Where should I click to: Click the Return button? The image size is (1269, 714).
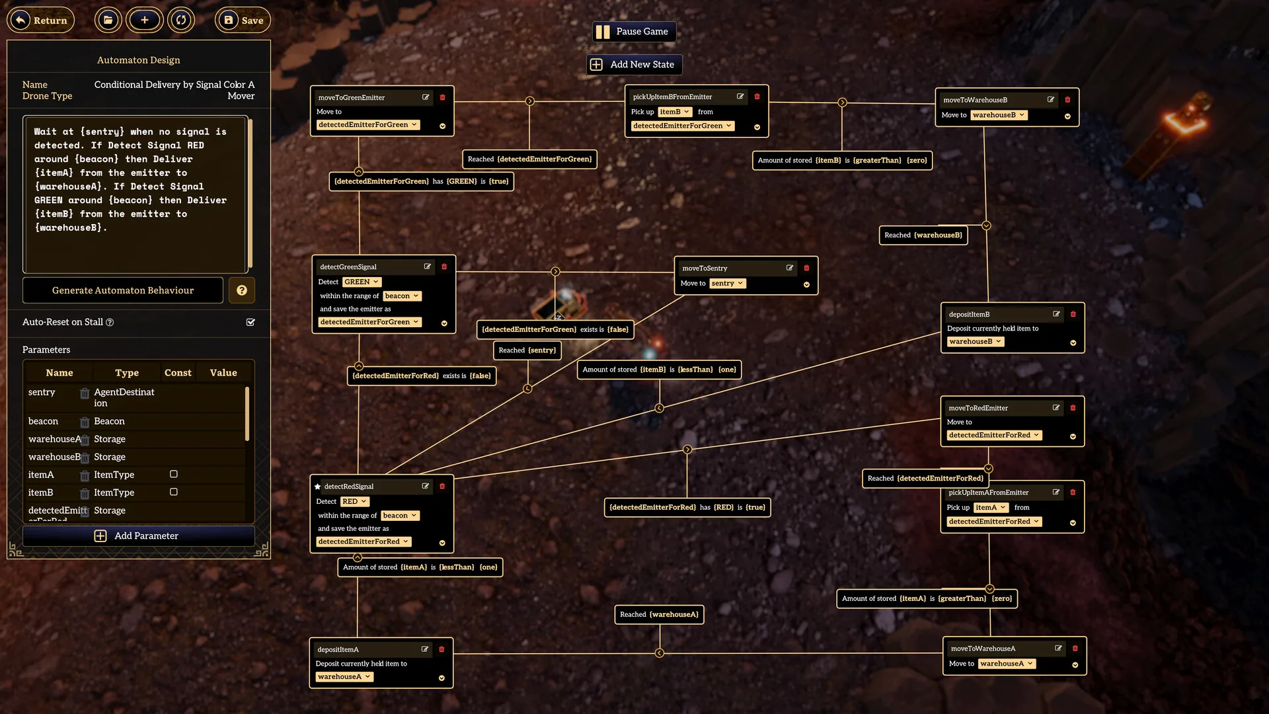pos(41,20)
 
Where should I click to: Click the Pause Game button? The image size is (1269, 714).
pos(634,32)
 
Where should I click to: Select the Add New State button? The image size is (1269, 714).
pos(634,65)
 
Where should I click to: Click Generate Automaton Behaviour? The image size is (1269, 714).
pos(123,290)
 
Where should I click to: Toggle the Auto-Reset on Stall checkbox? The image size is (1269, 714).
pos(250,323)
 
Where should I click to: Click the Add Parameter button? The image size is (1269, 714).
pos(138,536)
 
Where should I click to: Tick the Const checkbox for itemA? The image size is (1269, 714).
pos(174,474)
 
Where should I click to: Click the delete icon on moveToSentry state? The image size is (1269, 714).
pos(806,268)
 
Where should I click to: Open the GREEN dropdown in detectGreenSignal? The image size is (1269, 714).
pos(362,282)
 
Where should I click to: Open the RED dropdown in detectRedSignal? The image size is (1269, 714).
pos(355,502)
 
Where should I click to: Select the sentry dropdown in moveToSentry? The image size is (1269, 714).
pos(728,284)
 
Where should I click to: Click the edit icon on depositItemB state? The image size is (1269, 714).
pos(1056,315)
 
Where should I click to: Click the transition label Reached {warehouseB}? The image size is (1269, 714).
pos(923,235)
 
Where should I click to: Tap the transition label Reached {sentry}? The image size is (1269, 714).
pos(527,350)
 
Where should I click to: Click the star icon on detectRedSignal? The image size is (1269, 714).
pos(318,487)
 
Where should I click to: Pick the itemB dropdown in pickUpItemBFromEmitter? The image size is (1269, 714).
pos(675,112)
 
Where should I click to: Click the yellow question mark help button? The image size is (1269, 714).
pos(242,290)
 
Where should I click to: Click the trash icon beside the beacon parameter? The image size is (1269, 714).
pos(85,422)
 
